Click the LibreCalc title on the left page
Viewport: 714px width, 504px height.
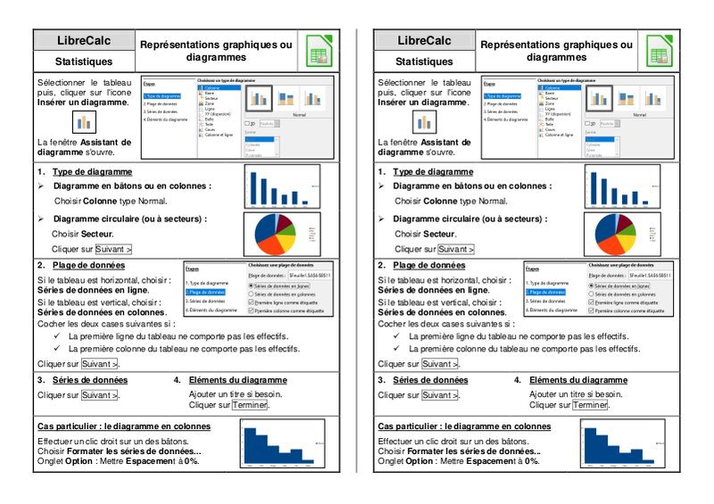84,41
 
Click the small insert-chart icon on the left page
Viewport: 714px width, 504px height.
84,121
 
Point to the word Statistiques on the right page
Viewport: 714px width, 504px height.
424,62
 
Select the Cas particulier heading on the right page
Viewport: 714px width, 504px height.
464,426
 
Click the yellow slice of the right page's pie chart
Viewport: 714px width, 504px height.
621,241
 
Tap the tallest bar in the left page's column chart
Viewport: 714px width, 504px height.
253,188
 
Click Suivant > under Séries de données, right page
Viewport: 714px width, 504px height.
440,394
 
